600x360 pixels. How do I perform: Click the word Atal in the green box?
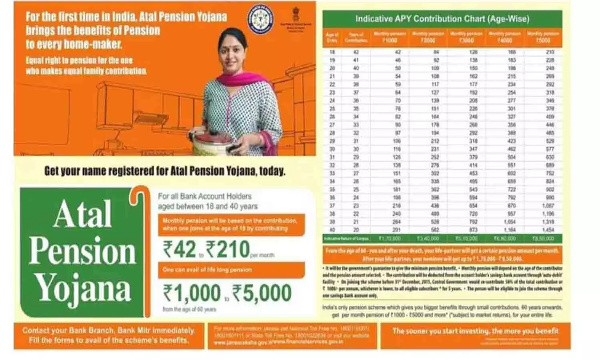coord(82,214)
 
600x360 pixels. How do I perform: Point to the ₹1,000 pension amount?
coord(192,293)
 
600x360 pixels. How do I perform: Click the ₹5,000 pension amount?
coord(262,293)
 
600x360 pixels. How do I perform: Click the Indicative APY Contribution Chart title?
coord(442,19)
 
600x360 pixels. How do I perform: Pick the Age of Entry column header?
coord(332,38)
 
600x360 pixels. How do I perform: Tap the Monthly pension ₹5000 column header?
coord(543,38)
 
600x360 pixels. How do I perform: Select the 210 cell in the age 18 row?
coord(550,52)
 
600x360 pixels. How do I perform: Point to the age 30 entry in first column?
coord(332,149)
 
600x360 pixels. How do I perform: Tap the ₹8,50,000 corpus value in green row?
coord(543,238)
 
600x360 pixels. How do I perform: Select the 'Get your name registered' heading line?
coord(165,171)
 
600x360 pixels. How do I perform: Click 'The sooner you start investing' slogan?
coord(475,331)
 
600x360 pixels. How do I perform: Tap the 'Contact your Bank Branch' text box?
coord(108,335)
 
